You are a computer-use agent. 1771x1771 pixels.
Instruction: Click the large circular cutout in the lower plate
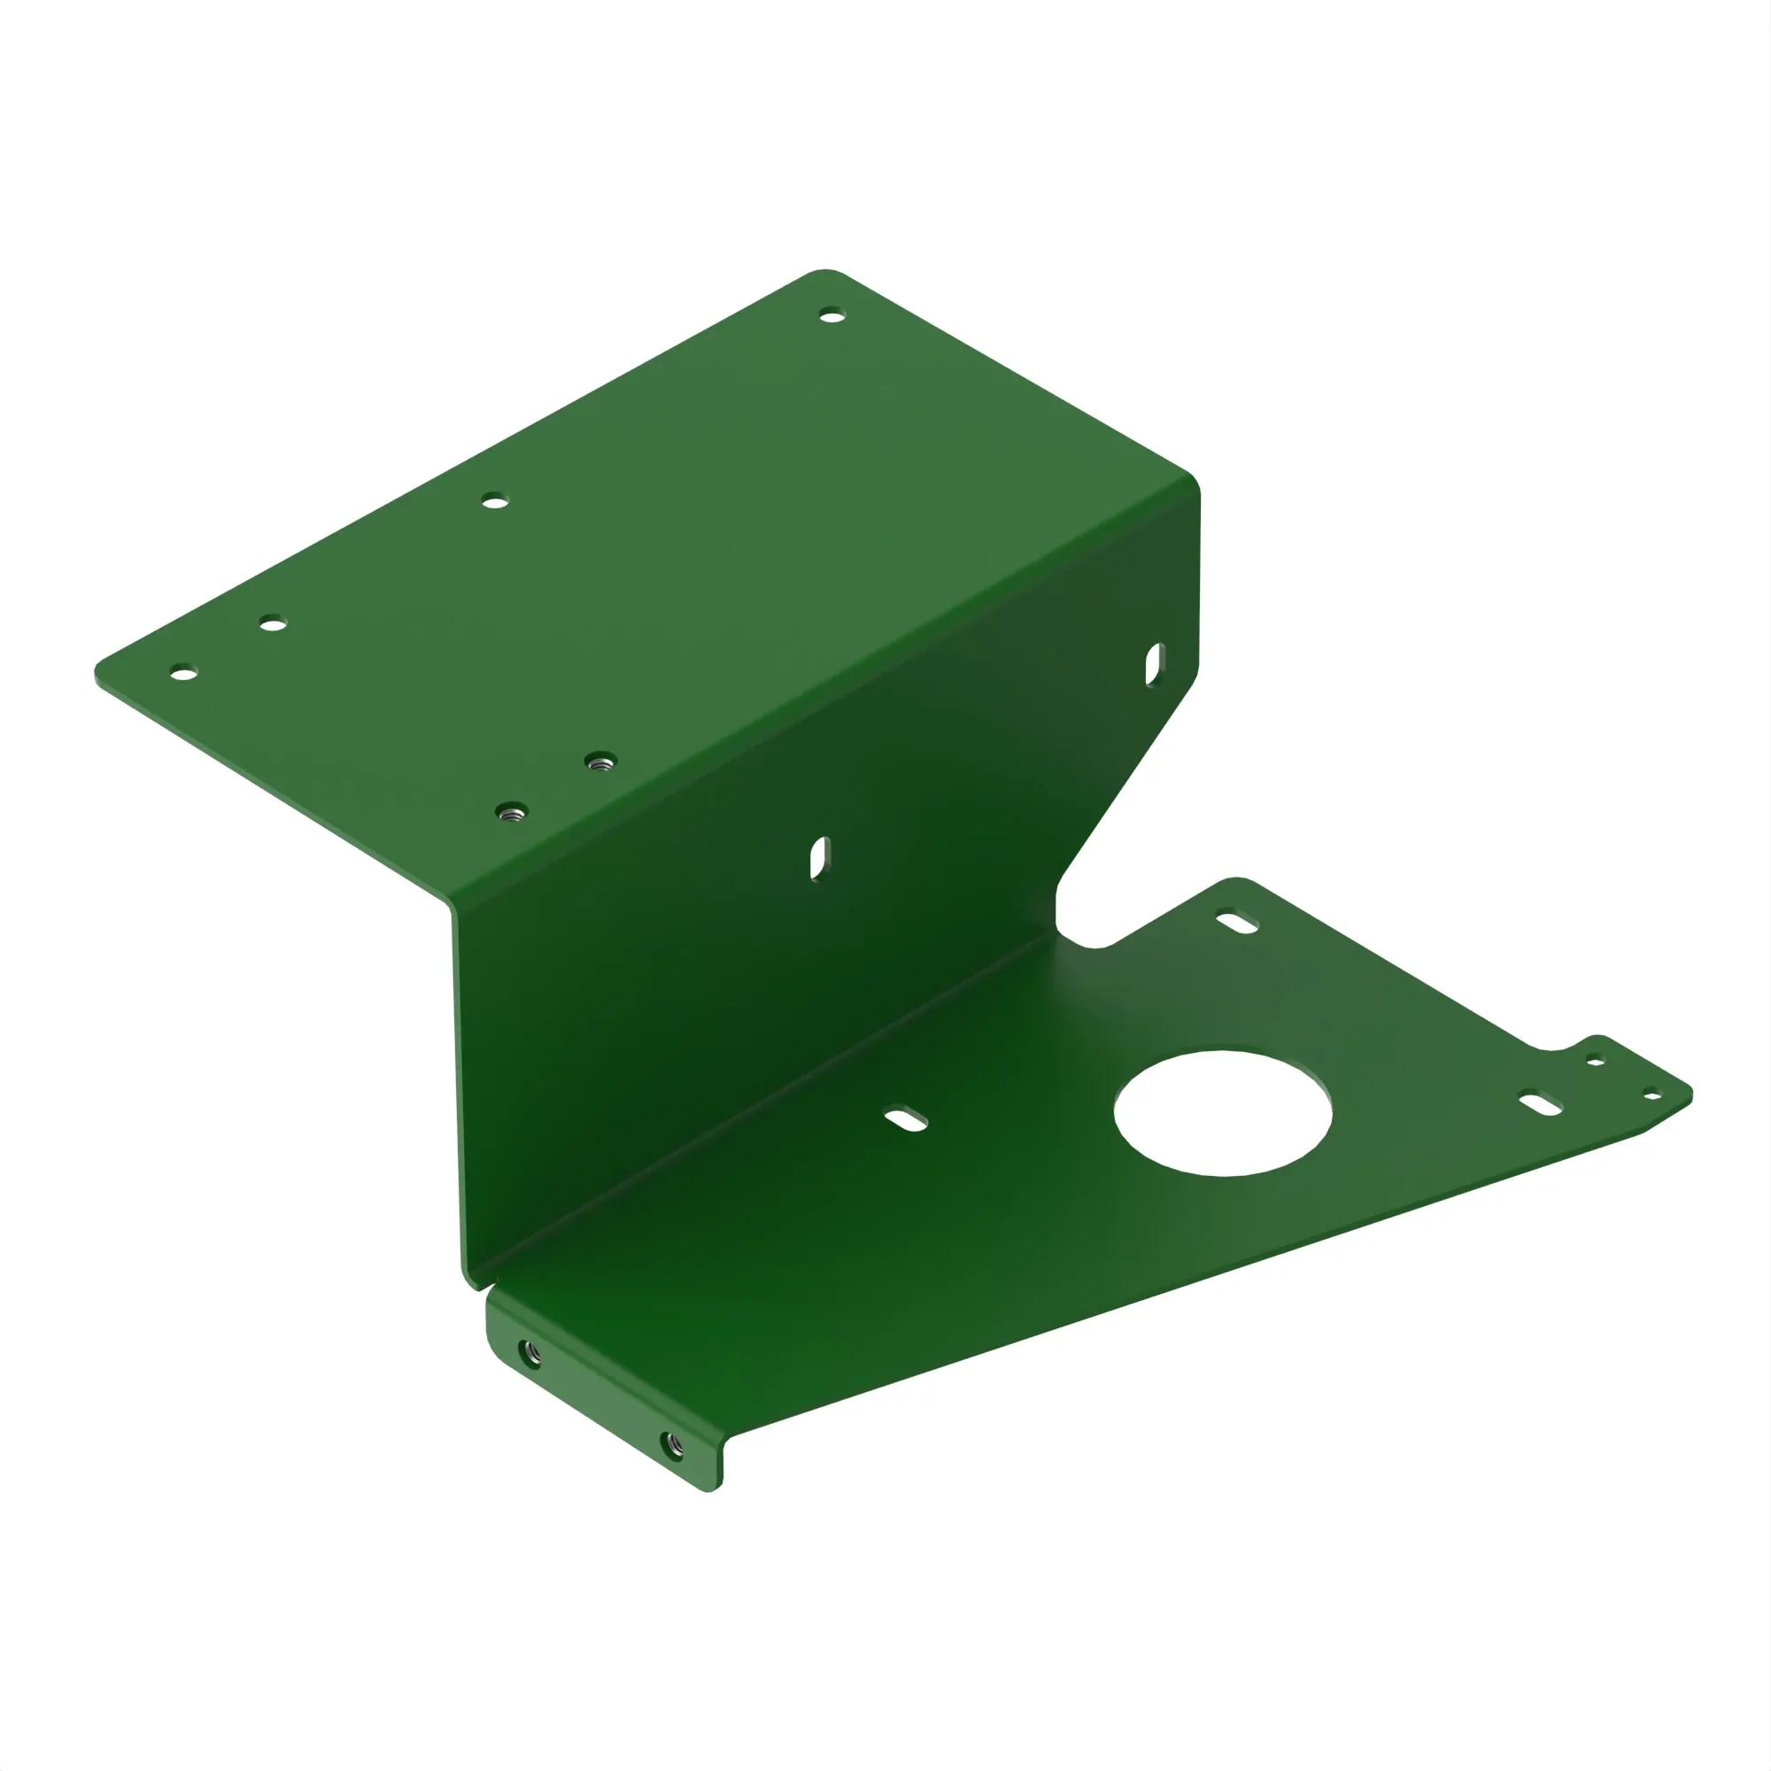[x=1223, y=1113]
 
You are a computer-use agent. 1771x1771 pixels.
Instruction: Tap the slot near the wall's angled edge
[x=1154, y=665]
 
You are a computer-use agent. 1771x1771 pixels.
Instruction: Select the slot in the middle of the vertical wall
[x=819, y=858]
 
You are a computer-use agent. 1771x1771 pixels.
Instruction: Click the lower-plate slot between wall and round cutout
[x=906, y=1119]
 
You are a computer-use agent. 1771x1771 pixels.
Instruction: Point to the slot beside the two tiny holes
[x=1540, y=1103]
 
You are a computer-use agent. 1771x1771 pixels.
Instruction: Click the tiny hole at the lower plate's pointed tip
[x=1651, y=1094]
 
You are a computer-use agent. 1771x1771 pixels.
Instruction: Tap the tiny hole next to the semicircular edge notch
[x=1595, y=1062]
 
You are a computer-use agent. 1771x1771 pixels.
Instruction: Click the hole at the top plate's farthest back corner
[x=831, y=316]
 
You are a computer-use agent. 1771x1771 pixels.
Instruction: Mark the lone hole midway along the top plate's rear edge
[x=495, y=501]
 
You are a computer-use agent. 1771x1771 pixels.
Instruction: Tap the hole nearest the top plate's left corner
[x=184, y=674]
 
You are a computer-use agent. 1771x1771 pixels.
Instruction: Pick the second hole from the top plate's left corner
[x=272, y=624]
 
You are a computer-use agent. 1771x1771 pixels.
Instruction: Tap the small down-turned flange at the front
[x=600, y=1388]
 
